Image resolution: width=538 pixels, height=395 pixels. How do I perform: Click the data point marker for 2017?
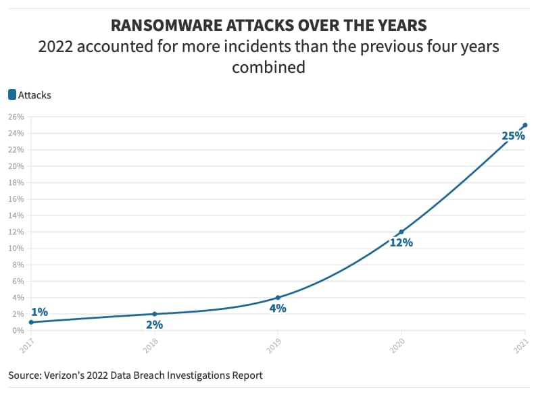click(x=31, y=322)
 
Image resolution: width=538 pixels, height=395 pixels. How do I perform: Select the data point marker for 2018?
click(x=154, y=314)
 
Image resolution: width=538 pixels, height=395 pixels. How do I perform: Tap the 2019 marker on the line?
click(x=278, y=297)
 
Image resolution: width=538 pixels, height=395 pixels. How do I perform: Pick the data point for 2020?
click(x=401, y=232)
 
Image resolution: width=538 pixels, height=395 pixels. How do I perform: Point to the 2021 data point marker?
click(x=525, y=125)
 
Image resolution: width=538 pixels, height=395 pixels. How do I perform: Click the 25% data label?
click(x=513, y=136)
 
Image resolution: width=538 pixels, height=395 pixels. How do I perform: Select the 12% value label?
click(x=401, y=242)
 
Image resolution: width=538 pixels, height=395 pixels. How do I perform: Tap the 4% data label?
click(x=278, y=309)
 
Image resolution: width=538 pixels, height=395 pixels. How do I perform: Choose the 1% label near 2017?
click(x=39, y=312)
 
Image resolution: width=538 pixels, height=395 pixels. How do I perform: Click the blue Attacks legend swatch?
click(x=12, y=95)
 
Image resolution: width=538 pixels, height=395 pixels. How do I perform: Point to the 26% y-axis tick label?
click(x=16, y=117)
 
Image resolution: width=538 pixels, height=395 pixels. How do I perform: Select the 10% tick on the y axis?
click(x=16, y=248)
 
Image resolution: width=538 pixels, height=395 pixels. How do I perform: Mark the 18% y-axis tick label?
click(x=16, y=182)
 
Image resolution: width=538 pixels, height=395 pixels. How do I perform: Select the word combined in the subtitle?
click(x=269, y=68)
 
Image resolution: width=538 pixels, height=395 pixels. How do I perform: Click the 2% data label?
click(x=154, y=325)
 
